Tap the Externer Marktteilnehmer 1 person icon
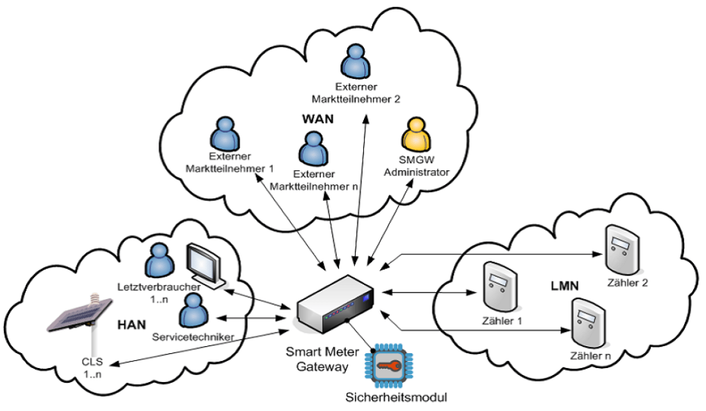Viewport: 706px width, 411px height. tap(223, 134)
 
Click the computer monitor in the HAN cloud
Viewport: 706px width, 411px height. tap(204, 263)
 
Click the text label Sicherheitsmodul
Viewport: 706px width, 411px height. tap(392, 396)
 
